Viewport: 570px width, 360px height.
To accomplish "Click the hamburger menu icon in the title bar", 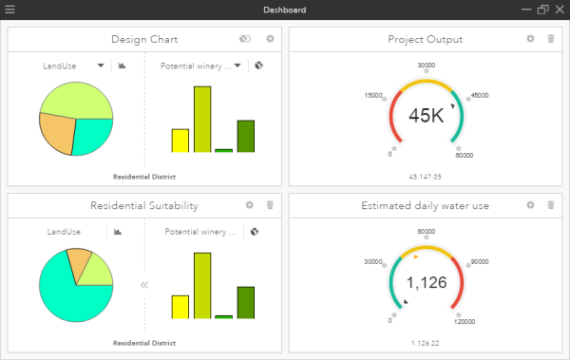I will click(10, 9).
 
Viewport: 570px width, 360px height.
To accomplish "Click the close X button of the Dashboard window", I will click(559, 9).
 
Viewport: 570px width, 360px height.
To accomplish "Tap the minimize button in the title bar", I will click(525, 9).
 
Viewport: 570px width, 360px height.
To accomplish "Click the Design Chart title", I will click(144, 39).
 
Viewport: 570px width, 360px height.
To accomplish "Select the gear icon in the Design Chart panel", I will click(270, 39).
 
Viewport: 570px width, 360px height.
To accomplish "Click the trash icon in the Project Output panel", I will click(551, 39).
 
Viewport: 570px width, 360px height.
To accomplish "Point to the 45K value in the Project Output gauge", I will click(426, 116).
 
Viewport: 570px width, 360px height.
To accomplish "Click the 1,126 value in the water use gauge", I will click(426, 282).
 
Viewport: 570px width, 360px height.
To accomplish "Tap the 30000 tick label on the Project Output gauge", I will click(427, 66).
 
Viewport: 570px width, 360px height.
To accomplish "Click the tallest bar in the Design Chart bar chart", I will click(201, 119).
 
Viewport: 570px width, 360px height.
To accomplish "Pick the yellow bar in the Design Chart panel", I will click(180, 140).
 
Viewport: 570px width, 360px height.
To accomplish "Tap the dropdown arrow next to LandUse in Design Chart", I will click(101, 66).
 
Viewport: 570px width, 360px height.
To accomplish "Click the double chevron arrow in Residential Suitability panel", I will click(144, 284).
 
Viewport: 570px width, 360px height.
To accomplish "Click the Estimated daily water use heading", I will click(426, 205).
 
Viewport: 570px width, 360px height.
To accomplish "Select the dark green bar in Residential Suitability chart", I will click(245, 301).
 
